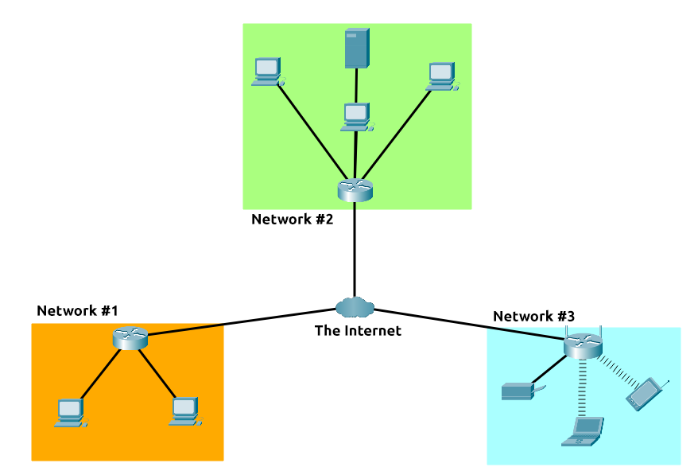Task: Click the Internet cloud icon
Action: point(355,306)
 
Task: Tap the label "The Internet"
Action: point(358,330)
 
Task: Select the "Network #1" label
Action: point(77,310)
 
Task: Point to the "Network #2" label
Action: point(292,219)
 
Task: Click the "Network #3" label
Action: point(533,316)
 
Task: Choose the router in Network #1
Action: point(130,338)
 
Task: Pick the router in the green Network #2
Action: point(355,190)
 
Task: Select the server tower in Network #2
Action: point(357,49)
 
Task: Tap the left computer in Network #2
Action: point(266,72)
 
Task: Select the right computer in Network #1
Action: point(184,411)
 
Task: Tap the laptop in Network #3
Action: point(584,431)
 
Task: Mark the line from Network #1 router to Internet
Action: point(238,322)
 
